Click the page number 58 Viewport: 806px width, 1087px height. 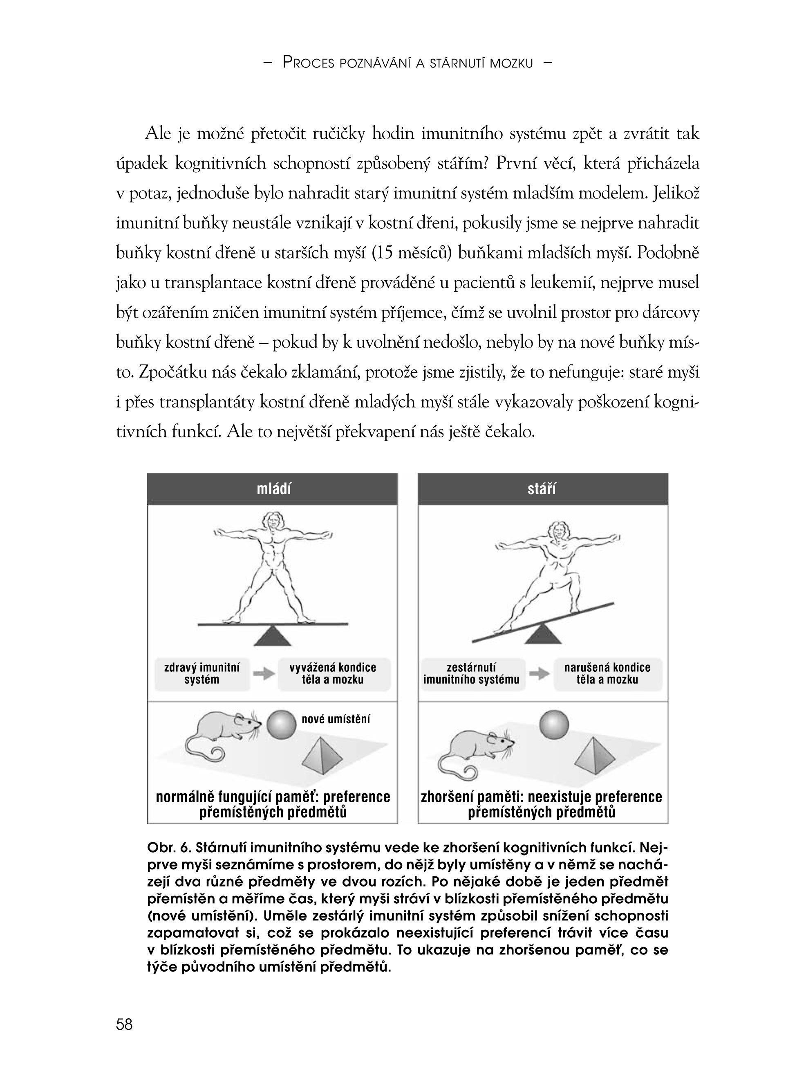click(124, 1024)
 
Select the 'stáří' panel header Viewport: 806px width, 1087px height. click(542, 489)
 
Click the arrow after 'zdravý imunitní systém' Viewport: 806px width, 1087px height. click(264, 674)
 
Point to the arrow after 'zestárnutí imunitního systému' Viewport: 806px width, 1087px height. click(539, 674)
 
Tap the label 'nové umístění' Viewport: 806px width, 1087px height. click(336, 719)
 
